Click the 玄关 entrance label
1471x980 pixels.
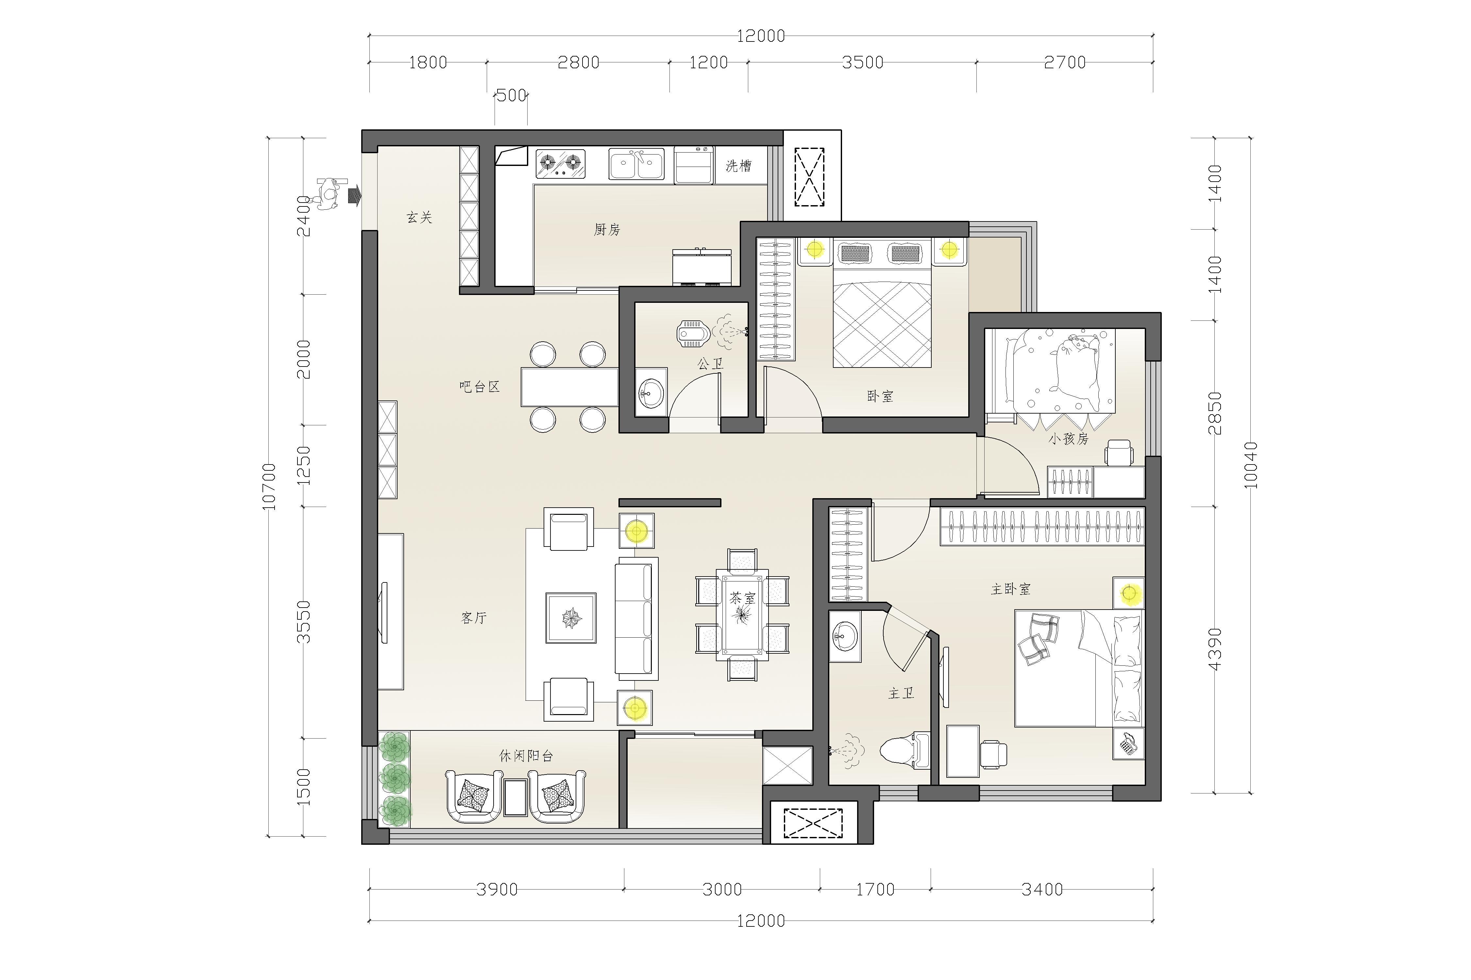tap(419, 218)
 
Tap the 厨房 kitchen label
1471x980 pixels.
tap(607, 230)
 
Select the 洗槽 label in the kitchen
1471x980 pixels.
tap(739, 166)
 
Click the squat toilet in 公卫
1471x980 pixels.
tap(692, 334)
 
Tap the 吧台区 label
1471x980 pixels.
tap(480, 387)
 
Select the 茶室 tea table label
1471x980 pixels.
tap(742, 598)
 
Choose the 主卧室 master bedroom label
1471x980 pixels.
tap(1011, 589)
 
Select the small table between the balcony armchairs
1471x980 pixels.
tap(516, 797)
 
